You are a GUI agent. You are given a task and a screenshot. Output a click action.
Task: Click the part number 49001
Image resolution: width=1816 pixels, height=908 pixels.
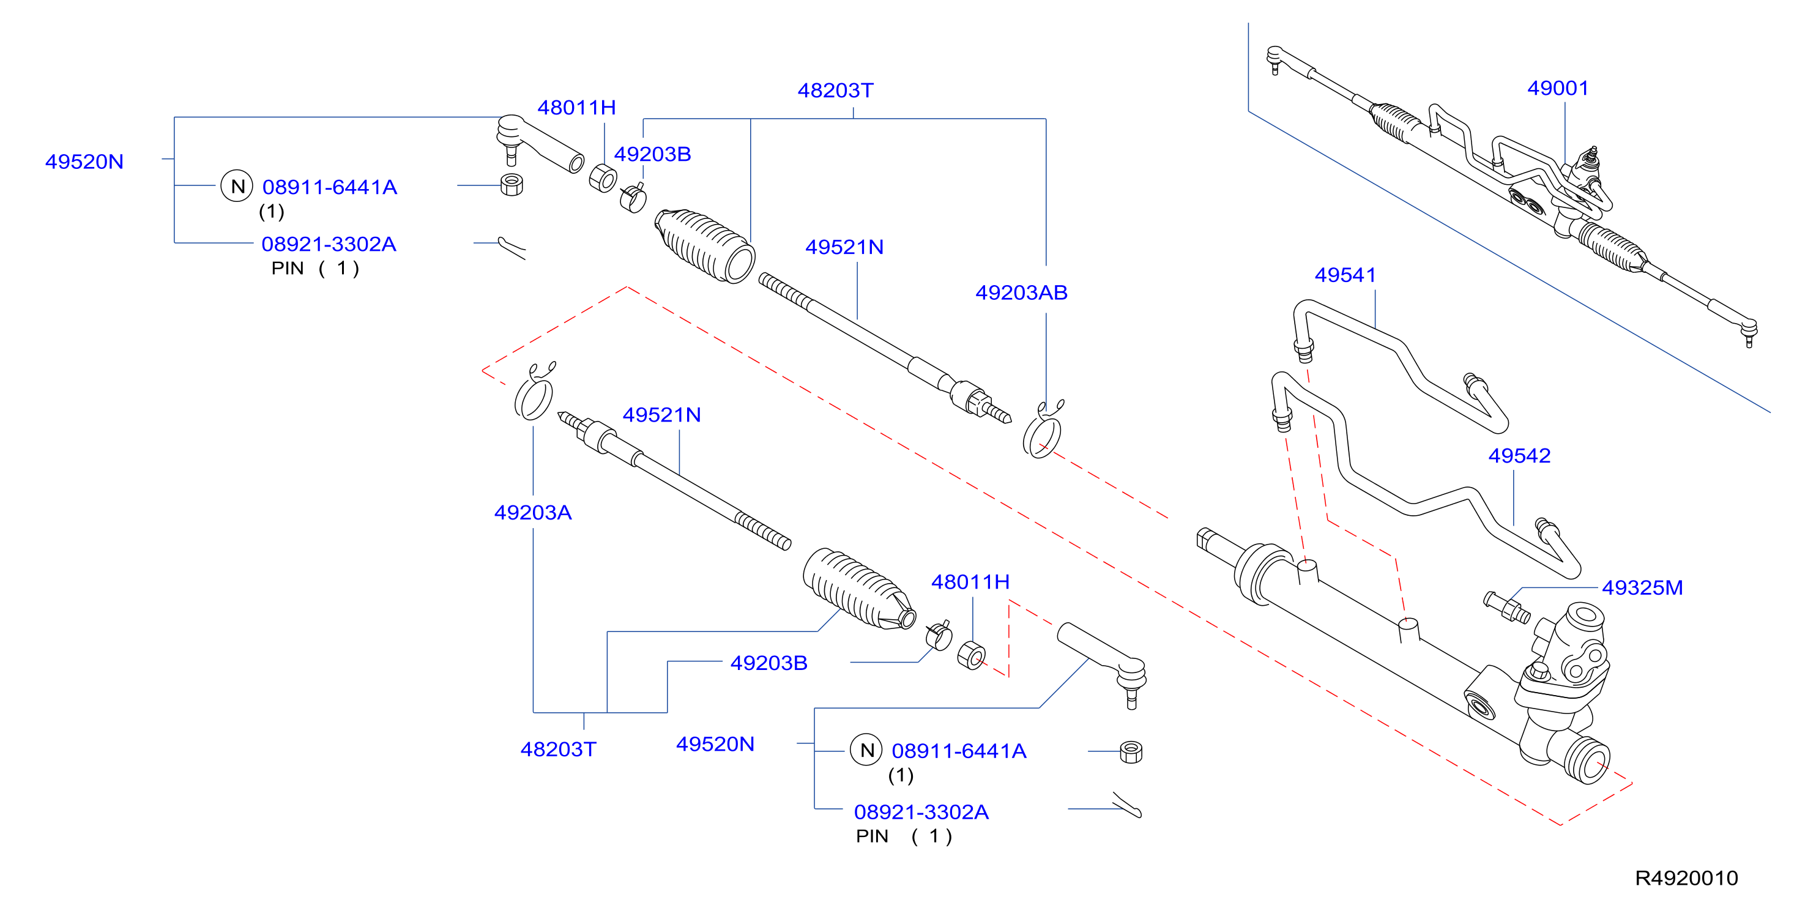tap(1558, 88)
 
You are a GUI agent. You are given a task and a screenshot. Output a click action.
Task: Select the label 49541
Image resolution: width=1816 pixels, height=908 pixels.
tap(1345, 275)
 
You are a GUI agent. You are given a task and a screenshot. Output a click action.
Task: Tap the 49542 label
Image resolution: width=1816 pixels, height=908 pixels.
tap(1519, 455)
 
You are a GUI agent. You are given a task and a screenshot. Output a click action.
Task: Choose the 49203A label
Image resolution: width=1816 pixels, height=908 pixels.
tap(533, 513)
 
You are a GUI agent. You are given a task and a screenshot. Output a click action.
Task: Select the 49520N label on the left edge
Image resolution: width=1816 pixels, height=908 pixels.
tap(84, 162)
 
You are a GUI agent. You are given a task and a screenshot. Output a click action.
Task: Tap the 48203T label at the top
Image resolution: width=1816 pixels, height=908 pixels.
tap(835, 90)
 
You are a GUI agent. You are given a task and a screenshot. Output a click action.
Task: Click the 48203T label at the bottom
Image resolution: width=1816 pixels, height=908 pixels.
tap(559, 749)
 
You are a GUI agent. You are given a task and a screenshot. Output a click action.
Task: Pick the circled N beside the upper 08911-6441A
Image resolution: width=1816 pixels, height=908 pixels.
tap(237, 186)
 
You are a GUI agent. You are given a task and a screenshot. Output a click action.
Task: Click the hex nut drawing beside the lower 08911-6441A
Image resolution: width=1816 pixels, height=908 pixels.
tap(1131, 752)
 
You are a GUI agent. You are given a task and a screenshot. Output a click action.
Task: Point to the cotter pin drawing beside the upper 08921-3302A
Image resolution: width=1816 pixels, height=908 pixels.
tap(512, 247)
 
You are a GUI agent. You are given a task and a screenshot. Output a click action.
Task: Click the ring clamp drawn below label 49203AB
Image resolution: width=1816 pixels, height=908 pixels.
tap(1043, 430)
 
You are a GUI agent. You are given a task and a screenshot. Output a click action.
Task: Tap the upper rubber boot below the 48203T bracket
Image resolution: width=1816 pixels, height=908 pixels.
tap(705, 246)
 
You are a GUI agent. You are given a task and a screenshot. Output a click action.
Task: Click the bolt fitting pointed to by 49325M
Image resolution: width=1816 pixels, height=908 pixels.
tap(1506, 607)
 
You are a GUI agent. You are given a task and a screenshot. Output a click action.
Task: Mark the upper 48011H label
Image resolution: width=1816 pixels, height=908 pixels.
tap(576, 107)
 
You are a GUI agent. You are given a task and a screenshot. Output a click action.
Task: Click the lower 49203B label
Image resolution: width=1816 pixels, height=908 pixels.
tap(768, 663)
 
